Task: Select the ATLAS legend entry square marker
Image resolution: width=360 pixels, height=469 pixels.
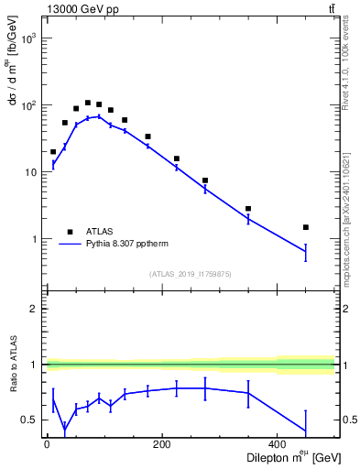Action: pos(69,232)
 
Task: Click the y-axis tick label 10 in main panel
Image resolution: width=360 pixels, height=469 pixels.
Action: pos(30,173)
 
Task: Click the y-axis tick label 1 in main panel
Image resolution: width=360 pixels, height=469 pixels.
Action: pos(33,239)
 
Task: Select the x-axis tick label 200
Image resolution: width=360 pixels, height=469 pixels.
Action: pos(162,445)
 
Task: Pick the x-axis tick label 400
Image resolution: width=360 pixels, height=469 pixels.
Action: pos(278,445)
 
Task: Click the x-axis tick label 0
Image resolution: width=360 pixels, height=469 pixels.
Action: pos(47,445)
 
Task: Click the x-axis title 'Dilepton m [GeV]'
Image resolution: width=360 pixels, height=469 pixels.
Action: pos(289,458)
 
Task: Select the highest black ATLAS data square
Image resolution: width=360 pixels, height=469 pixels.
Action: pos(88,103)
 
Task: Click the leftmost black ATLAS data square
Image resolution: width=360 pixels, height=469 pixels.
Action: pos(53,152)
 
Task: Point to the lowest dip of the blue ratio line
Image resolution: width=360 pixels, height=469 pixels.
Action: pos(64,429)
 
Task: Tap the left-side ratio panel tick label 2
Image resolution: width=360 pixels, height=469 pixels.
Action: pos(33,309)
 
